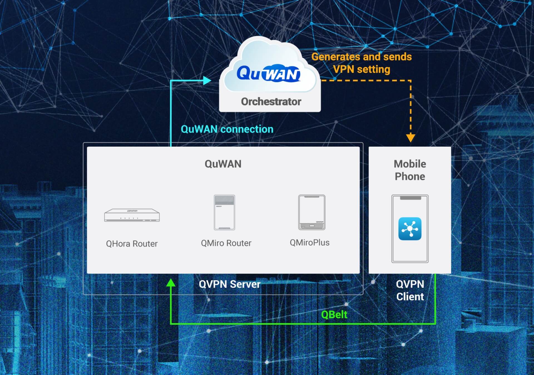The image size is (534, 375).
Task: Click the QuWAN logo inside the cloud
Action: (x=268, y=74)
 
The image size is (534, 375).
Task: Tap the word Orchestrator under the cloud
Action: (x=271, y=102)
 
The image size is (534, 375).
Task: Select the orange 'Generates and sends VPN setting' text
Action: (x=361, y=63)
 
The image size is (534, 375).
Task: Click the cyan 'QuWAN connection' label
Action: (x=227, y=129)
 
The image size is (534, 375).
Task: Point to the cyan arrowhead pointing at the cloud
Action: (x=207, y=81)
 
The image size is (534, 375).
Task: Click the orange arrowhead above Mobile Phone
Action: (x=411, y=138)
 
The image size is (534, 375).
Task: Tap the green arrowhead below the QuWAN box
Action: (x=171, y=283)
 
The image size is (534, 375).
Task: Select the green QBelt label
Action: (x=334, y=315)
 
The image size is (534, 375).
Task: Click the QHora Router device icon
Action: (x=132, y=215)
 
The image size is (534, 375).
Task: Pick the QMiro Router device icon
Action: (x=224, y=212)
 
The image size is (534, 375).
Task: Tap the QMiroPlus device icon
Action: (x=311, y=212)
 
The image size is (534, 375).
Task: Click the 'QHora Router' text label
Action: (x=132, y=244)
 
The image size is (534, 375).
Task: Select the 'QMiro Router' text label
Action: (x=226, y=243)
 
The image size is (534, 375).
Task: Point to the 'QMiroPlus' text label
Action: (x=310, y=243)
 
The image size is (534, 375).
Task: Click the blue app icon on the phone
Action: (x=410, y=229)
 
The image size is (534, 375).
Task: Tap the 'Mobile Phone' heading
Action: (x=410, y=170)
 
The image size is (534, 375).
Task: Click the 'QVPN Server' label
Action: (x=229, y=284)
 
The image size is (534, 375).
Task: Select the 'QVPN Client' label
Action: (x=410, y=290)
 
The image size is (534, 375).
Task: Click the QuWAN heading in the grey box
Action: (x=223, y=164)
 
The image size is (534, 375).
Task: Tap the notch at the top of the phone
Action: (x=410, y=198)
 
